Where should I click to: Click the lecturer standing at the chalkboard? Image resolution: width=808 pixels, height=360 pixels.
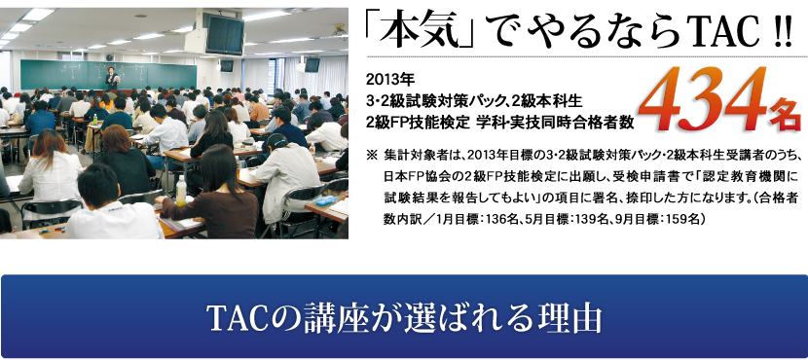pyautogui.click(x=111, y=78)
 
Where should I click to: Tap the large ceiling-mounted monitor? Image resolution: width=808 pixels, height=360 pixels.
pyautogui.click(x=224, y=34)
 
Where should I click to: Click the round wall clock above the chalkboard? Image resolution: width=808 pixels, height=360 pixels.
pyautogui.click(x=110, y=56)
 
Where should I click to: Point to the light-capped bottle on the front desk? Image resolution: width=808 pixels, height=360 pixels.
pyautogui.click(x=181, y=191)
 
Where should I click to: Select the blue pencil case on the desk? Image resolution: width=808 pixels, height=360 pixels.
pyautogui.click(x=325, y=200)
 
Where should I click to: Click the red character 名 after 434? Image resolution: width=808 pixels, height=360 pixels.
pyautogui.click(x=785, y=118)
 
